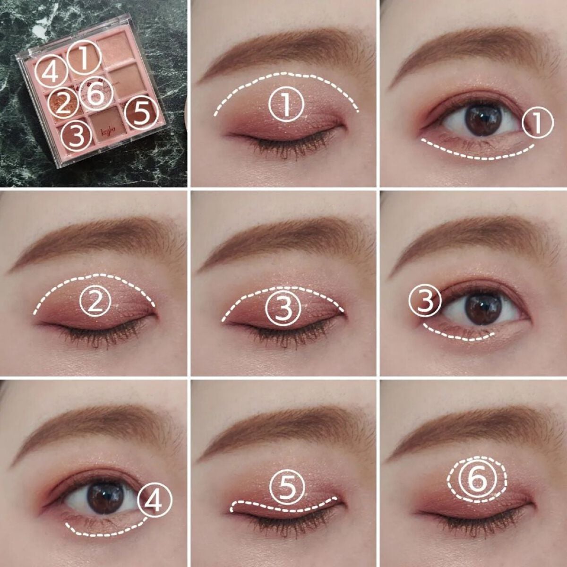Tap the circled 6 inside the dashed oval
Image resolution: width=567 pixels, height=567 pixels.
477,480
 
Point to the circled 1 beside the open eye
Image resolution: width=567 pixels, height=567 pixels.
538,123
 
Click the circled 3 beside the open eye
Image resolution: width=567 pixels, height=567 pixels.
425,303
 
